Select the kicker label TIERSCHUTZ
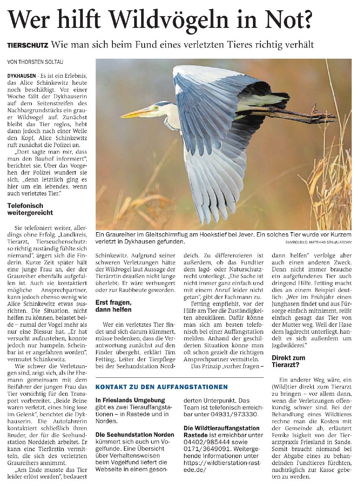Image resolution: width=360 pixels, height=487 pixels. (28, 45)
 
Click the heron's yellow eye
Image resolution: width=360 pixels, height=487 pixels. (156, 107)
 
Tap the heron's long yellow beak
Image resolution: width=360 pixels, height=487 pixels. (136, 113)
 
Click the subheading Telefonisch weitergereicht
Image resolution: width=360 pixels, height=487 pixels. (30, 209)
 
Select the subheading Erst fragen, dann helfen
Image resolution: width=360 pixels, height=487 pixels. (113, 306)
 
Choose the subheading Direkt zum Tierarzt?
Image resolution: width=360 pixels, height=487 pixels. (288, 361)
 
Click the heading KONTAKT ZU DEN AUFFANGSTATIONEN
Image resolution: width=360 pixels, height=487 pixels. (161, 387)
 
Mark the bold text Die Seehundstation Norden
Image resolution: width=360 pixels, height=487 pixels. (135, 435)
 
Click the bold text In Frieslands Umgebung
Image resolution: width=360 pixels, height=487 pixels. (130, 400)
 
